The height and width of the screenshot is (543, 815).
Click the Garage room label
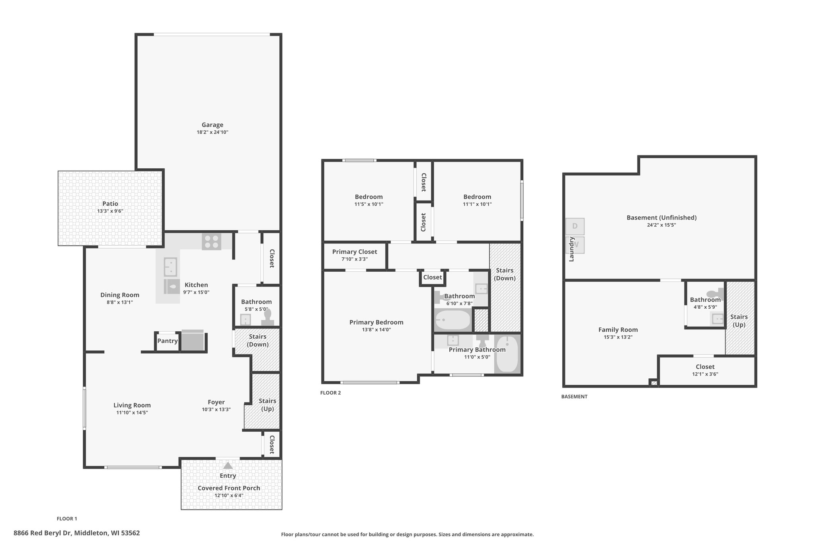(x=212, y=125)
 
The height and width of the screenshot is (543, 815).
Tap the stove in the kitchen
(x=211, y=241)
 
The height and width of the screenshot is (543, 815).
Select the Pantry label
(x=168, y=341)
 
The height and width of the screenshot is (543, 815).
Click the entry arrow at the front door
(x=228, y=465)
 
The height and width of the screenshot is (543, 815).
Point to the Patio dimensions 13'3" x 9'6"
(x=110, y=211)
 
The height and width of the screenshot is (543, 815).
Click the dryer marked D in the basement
(x=575, y=226)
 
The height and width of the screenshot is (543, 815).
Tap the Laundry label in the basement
(x=571, y=249)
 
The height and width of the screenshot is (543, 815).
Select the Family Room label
(x=618, y=330)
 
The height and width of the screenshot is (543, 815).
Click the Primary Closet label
(x=355, y=252)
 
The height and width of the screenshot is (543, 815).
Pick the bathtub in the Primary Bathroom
(x=507, y=354)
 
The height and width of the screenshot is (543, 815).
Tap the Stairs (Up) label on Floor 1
(x=267, y=405)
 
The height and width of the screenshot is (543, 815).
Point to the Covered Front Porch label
(x=229, y=488)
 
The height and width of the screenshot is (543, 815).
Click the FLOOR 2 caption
(x=331, y=393)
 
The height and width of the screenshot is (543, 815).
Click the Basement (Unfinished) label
(x=661, y=218)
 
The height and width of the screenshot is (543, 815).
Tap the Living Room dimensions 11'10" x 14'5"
(x=132, y=413)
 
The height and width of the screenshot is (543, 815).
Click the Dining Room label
(x=120, y=295)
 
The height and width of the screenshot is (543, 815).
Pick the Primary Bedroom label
(x=376, y=323)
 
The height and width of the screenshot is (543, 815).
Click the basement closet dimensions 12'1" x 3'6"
(x=705, y=374)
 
